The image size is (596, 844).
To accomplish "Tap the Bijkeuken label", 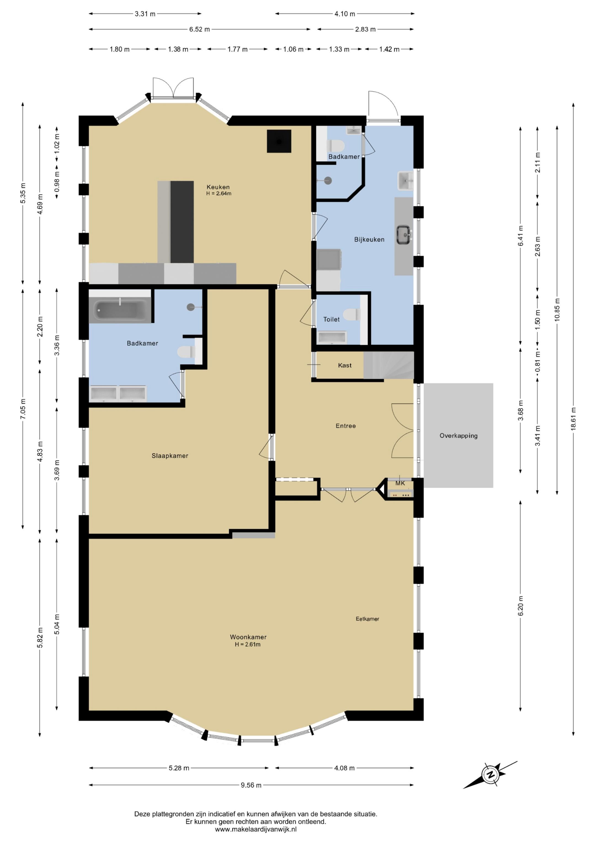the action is coord(369,239).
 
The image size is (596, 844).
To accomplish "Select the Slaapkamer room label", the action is coord(170,456).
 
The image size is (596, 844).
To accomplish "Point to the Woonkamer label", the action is coord(248,637).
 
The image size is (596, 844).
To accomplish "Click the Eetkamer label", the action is coord(367,619).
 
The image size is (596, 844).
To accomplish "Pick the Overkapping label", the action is coord(458,436).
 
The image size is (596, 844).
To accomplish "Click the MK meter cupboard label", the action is coord(400,483).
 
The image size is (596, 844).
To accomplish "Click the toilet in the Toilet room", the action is coord(352,315).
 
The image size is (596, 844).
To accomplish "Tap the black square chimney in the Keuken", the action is coord(279,141).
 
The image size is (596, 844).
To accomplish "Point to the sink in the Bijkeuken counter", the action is coord(404,235).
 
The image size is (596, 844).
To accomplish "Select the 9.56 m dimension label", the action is coord(251,785).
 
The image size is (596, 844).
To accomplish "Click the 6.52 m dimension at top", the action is coord(199,29).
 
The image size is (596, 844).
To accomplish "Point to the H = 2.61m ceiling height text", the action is coord(248,644).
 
